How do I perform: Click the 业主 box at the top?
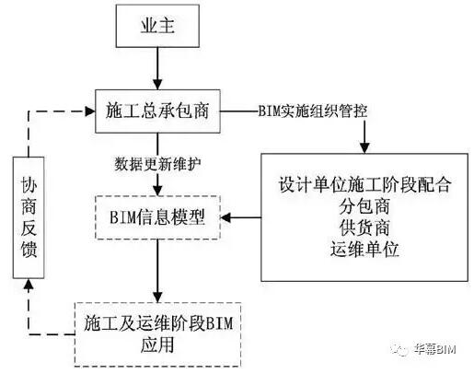click(x=157, y=29)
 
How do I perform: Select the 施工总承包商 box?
click(x=157, y=111)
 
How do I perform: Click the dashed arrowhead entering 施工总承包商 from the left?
click(x=90, y=111)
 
